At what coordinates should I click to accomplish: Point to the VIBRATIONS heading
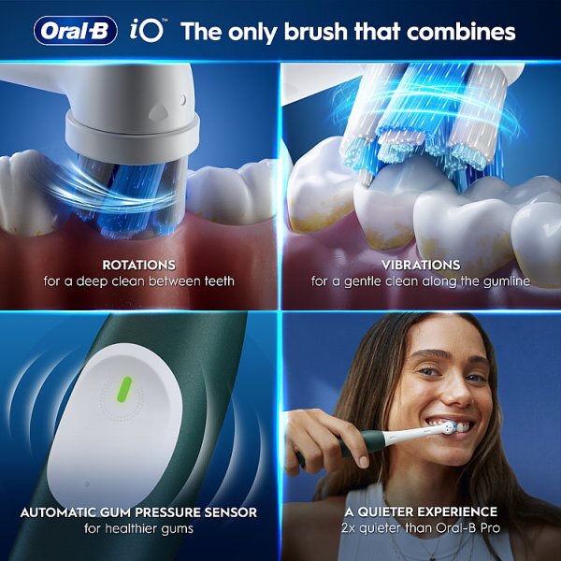(421, 265)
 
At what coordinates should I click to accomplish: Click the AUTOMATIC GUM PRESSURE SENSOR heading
(137, 512)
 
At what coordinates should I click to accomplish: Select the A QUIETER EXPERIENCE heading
(420, 512)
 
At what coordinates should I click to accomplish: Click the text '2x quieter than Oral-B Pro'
(420, 529)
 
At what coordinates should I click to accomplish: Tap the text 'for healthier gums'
(137, 529)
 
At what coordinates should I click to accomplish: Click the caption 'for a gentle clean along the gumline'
(421, 280)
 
